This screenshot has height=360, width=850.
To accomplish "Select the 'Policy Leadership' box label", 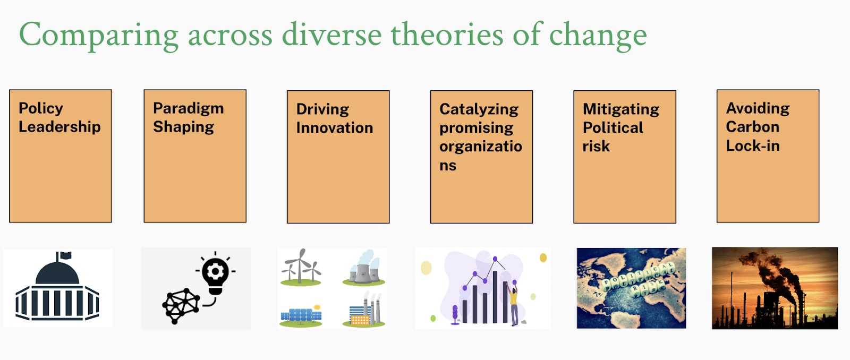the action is tap(59, 117).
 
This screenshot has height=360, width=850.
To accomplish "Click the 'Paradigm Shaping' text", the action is tap(188, 117).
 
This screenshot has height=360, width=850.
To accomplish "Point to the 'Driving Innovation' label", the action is tap(334, 118).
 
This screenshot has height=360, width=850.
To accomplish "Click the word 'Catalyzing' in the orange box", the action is tap(479, 109).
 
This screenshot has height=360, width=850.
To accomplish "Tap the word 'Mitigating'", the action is tap(621, 109).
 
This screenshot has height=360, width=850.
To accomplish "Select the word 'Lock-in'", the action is tap(752, 145).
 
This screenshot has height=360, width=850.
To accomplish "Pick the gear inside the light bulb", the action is tap(216, 271).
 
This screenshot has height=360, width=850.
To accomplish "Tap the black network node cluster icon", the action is tap(181, 306).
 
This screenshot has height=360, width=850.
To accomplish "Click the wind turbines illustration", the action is tap(301, 267).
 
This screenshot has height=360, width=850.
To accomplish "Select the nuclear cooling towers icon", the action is tap(363, 268).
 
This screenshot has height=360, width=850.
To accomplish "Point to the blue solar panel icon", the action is tap(301, 315).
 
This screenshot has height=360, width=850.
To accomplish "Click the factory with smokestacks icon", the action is tap(363, 309).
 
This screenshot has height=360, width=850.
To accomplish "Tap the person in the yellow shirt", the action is tap(513, 304).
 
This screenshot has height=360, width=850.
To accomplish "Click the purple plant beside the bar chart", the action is tap(455, 314).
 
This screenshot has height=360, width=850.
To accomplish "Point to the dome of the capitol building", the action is tap(57, 273).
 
